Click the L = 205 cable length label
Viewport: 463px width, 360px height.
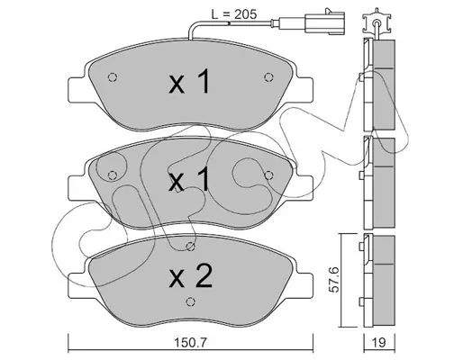point(234,14)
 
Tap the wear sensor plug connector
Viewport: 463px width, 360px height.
point(324,22)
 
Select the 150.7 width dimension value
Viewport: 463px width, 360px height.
point(191,342)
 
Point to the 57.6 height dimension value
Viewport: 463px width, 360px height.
point(335,280)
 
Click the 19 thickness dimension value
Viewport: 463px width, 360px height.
point(379,342)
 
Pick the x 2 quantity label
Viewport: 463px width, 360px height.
point(191,276)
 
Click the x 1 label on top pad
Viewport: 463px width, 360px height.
point(189,81)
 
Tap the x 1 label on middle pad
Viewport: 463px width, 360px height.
point(189,179)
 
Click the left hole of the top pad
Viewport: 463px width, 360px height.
point(113,77)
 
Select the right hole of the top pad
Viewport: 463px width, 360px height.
point(268,77)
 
